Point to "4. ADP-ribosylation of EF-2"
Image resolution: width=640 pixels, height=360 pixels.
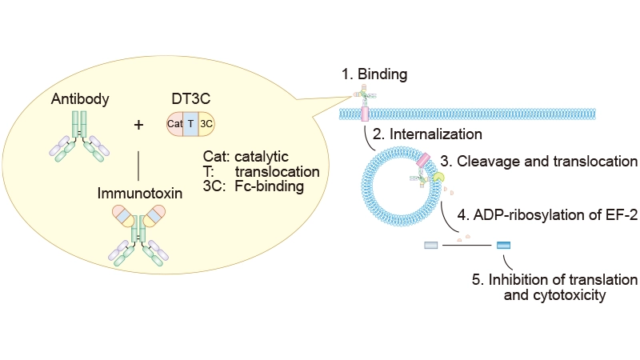point(547,214)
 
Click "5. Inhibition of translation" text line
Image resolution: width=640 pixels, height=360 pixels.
point(554,279)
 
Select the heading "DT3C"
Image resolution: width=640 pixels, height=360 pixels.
point(190,98)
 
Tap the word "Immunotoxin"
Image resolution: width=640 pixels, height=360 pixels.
point(140,192)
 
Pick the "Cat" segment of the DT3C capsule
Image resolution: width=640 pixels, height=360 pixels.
point(175,124)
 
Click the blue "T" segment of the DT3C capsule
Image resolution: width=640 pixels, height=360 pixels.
point(190,124)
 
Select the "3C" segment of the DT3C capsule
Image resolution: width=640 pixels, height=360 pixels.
point(206,124)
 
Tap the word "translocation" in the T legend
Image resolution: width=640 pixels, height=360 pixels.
point(283,171)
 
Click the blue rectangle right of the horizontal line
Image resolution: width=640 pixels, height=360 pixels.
point(504,245)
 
